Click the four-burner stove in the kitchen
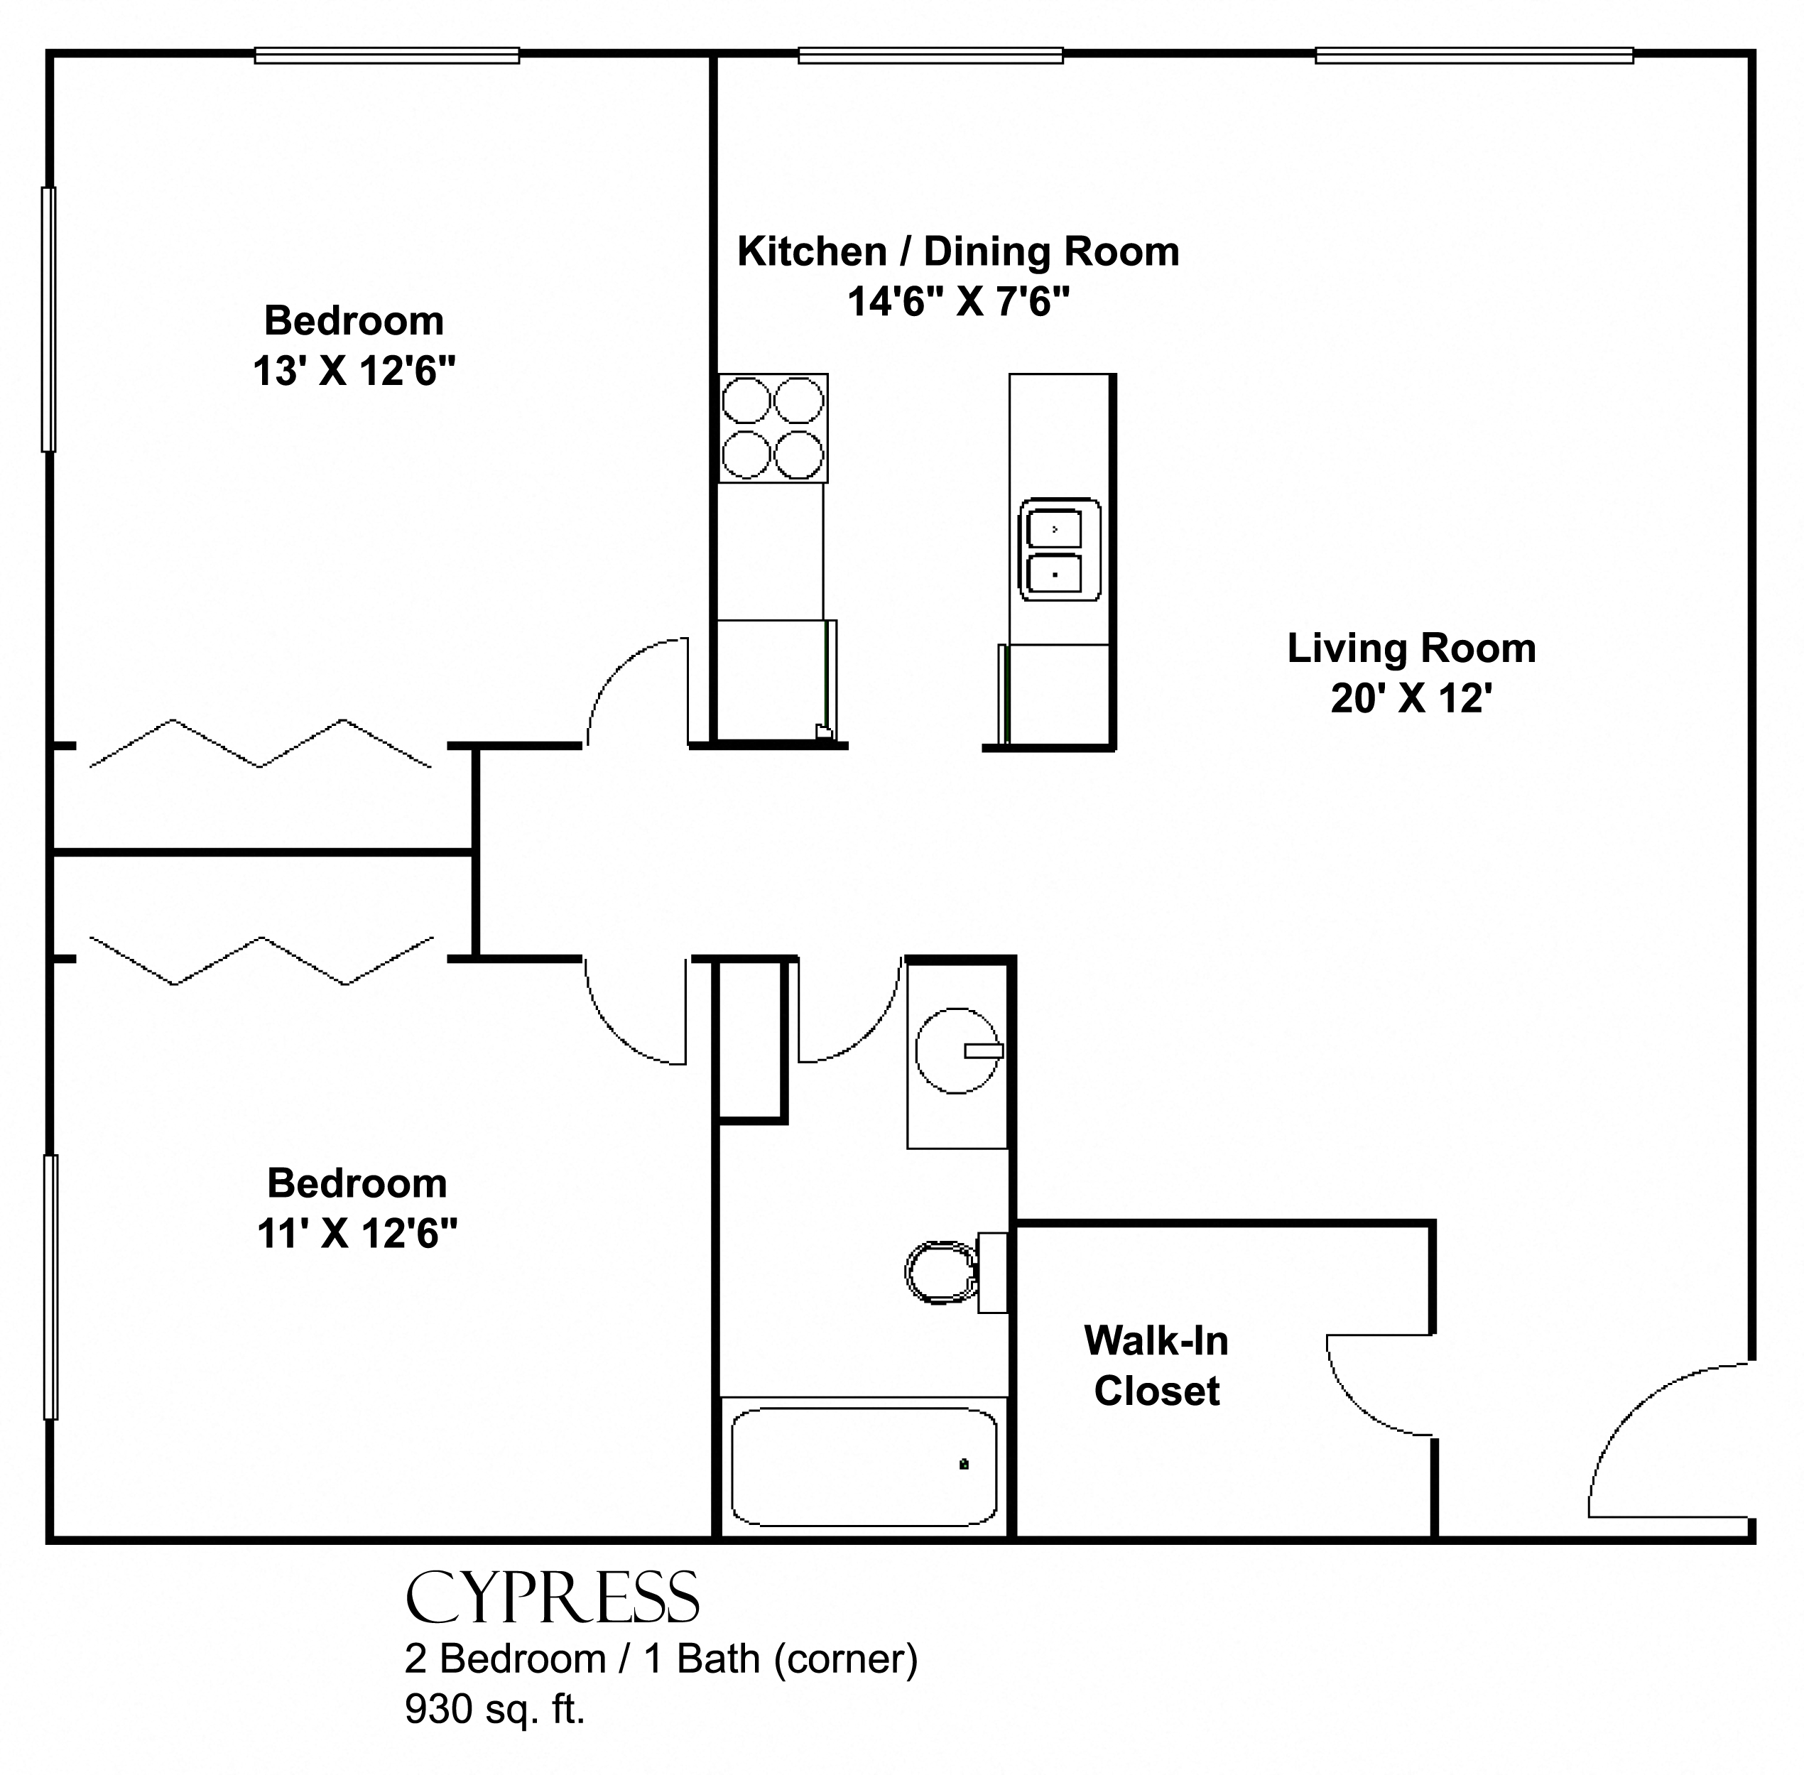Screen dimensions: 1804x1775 tap(773, 428)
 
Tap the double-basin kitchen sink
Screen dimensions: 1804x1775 tap(1059, 549)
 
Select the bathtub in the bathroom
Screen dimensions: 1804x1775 tap(864, 1467)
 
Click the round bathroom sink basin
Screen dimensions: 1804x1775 tap(957, 1051)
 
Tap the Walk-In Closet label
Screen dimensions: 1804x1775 tap(1157, 1366)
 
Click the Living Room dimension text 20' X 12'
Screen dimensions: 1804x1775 tap(1411, 699)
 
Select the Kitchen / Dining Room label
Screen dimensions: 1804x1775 tap(958, 251)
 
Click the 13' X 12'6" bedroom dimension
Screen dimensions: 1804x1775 tap(354, 372)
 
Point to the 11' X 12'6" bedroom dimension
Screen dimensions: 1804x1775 tap(357, 1234)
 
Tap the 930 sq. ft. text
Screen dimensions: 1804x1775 tap(494, 1709)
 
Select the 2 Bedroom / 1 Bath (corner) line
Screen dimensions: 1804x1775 tap(661, 1659)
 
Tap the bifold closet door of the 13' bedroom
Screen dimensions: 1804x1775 tap(260, 743)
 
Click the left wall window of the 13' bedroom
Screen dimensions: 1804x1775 tap(48, 319)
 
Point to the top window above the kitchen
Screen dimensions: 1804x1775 tap(930, 56)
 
